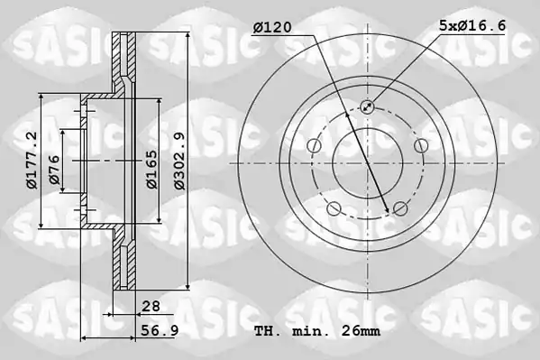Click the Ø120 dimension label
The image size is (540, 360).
coord(272,27)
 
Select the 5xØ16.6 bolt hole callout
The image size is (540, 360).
coord(471,25)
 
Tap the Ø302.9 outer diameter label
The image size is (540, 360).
coord(180,161)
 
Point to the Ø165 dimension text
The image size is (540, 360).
coord(152,170)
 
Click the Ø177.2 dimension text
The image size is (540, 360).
coord(32,161)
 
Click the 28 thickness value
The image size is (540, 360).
coord(151,306)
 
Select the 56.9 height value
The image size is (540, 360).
coord(160,331)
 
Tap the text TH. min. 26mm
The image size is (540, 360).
coord(317,331)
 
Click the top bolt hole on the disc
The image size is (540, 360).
coord(367,106)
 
